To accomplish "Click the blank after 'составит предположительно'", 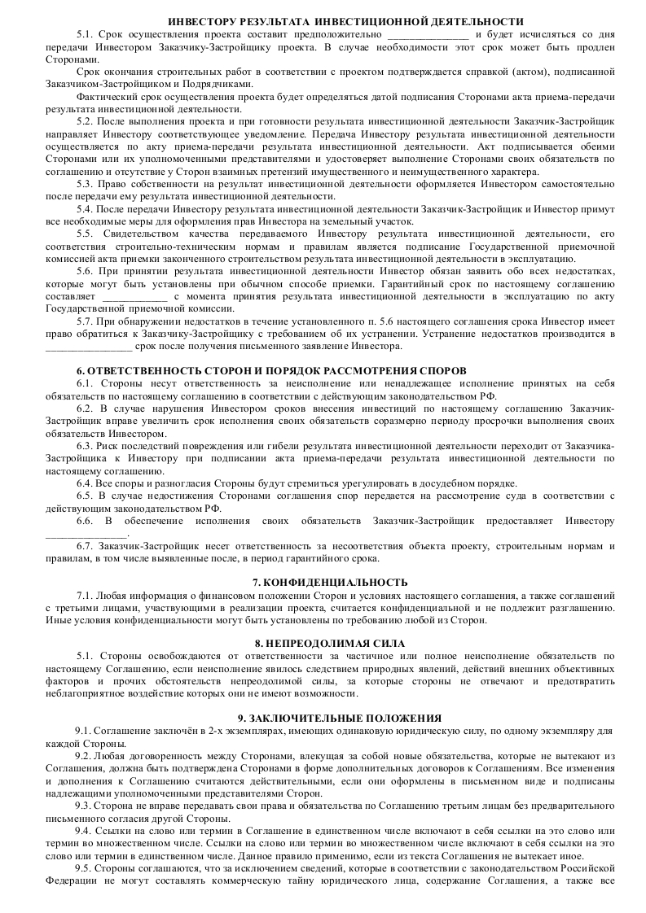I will click(428, 35).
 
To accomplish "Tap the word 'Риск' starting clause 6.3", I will click(110, 446).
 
